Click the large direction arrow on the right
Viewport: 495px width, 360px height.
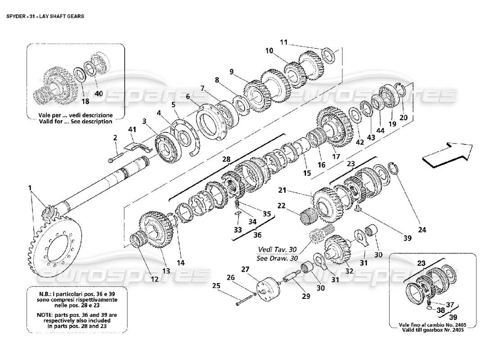click(x=447, y=153)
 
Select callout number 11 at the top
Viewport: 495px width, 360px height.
click(x=283, y=42)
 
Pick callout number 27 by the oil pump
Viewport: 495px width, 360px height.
click(x=245, y=270)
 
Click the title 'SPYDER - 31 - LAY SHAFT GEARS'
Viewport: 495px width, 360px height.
click(x=45, y=15)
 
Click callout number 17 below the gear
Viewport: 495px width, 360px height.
click(x=336, y=157)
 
